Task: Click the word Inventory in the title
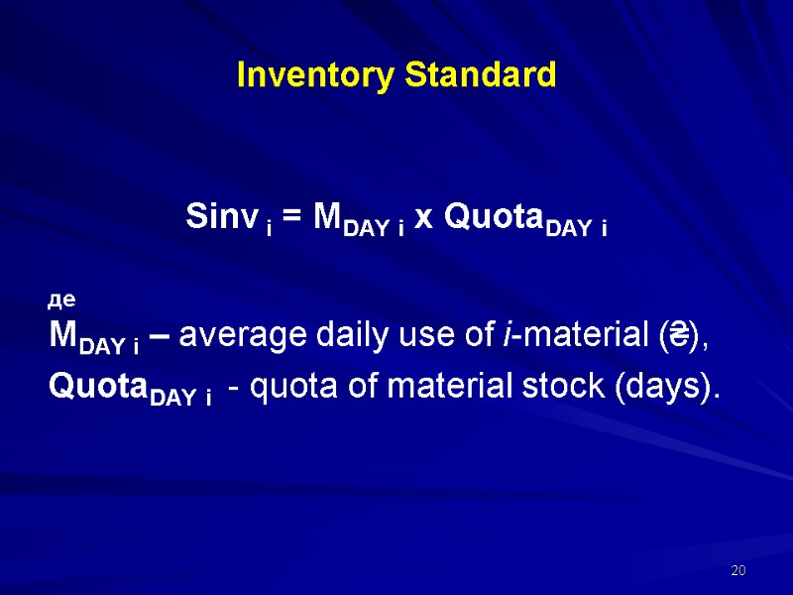(x=303, y=75)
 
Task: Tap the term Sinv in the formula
(x=219, y=216)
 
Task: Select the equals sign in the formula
(x=292, y=218)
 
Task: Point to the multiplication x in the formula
(x=423, y=218)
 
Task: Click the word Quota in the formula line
(x=487, y=217)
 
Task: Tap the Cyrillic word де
(x=62, y=297)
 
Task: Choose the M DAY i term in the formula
(x=357, y=219)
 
